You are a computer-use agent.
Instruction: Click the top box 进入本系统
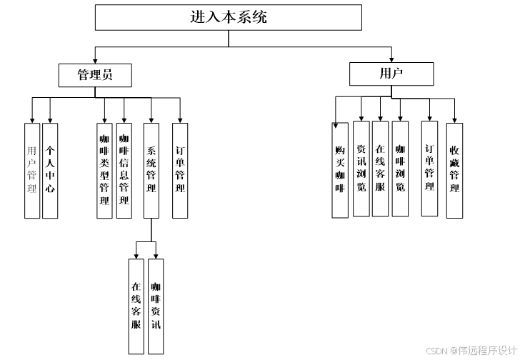point(228,18)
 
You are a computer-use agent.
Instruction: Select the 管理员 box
point(95,74)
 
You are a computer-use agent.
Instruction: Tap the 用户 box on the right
point(391,74)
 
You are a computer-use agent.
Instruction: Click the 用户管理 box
point(31,170)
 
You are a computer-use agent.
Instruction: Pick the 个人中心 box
point(50,170)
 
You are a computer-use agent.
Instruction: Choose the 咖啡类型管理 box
point(104,170)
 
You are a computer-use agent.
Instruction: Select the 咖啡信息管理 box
point(124,170)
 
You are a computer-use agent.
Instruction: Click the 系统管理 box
point(151,170)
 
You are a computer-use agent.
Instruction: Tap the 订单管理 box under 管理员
point(180,170)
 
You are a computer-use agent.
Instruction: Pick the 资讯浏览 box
point(361,169)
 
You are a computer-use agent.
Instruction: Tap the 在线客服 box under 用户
point(381,169)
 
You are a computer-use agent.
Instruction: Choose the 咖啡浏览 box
point(400,169)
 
